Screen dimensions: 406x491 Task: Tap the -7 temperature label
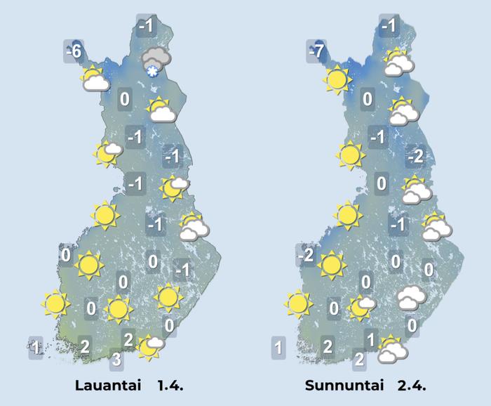[x=316, y=51]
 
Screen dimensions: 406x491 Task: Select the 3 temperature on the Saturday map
[x=118, y=361]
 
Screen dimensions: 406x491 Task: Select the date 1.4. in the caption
[x=166, y=386]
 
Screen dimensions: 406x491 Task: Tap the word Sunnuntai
[x=341, y=386]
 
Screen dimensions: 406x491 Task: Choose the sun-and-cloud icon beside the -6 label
[x=94, y=79]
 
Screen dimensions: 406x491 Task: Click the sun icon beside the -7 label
[x=337, y=79]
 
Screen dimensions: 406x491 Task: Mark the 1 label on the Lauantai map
[x=36, y=346]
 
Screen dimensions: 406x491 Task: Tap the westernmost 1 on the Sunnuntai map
[x=278, y=346]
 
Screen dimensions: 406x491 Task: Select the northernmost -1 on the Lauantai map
[x=146, y=27]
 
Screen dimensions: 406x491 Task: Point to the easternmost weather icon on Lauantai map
[x=193, y=227]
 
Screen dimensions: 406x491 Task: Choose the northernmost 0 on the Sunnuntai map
[x=368, y=99]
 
